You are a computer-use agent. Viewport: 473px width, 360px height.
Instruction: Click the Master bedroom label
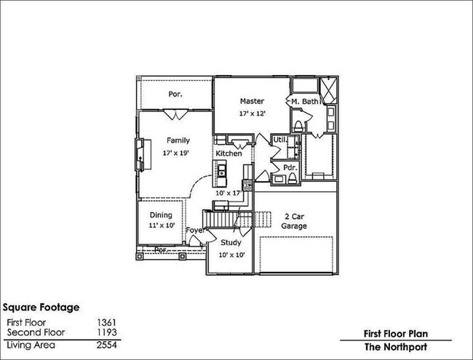252,101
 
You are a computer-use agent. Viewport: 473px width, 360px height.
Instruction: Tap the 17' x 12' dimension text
252,114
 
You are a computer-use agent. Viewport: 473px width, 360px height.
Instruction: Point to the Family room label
178,140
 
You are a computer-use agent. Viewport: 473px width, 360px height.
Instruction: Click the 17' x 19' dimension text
178,153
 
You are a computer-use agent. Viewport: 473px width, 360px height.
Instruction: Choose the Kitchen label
228,154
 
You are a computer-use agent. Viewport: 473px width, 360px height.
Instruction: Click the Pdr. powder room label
289,167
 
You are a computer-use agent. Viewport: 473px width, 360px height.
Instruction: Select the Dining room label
161,215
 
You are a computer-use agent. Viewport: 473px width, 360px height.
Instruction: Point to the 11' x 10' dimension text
161,227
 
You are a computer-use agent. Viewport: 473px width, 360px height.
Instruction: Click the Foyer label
194,231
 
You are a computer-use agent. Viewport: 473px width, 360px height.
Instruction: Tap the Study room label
231,242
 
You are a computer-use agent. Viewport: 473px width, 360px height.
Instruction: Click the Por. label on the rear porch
175,95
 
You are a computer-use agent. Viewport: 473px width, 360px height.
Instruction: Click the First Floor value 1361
106,322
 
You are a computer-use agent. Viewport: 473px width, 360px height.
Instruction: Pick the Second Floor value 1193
106,332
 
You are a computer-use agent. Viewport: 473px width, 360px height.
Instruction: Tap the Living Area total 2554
106,344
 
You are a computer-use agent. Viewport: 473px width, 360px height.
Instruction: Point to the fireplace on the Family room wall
138,155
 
